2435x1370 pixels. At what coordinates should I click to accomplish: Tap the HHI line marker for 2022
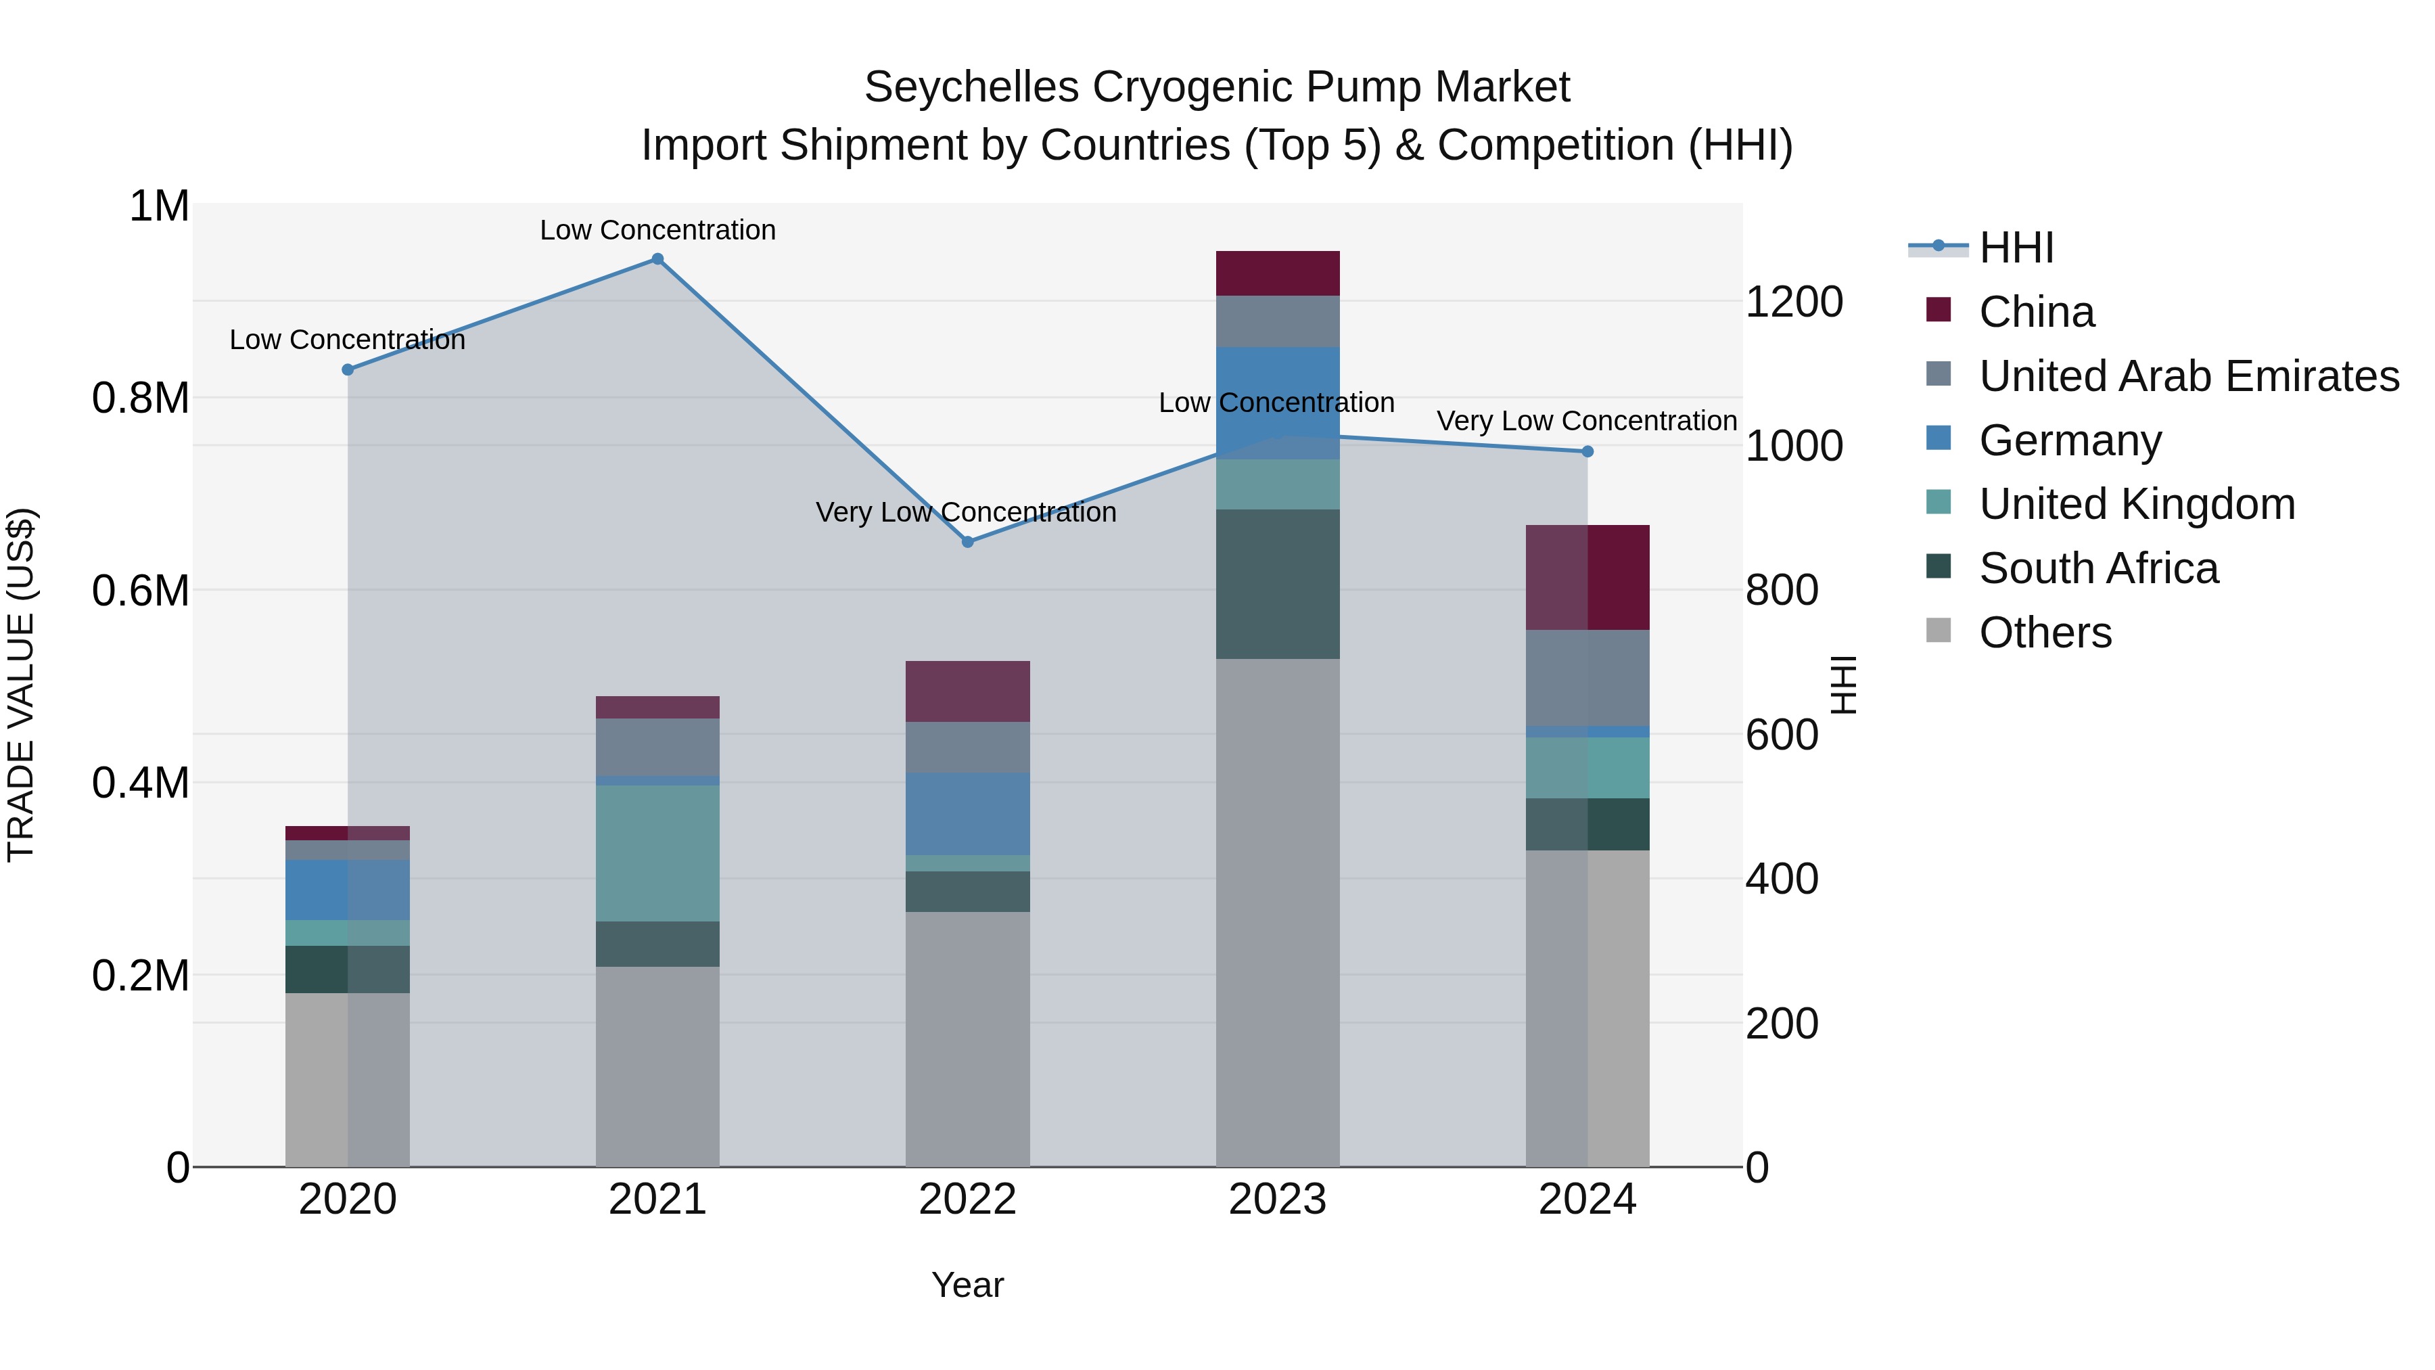tap(967, 542)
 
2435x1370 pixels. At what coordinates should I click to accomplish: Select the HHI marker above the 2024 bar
tap(1587, 452)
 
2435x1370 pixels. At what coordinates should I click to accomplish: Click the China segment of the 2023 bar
tap(1277, 273)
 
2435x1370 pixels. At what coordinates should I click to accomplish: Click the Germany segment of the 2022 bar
tap(967, 814)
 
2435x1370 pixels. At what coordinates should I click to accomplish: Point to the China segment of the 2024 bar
tap(1587, 576)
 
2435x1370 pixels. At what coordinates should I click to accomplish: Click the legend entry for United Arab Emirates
tap(2188, 376)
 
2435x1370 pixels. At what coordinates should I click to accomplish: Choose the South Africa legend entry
tap(2097, 568)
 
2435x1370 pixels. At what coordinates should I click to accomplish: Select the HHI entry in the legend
tap(2016, 248)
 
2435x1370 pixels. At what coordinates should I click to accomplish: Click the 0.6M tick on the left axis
tap(140, 591)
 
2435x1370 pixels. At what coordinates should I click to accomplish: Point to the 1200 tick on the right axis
tap(1793, 302)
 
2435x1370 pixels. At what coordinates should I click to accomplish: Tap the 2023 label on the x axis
tap(1277, 1200)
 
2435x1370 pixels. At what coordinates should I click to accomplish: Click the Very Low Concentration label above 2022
tap(966, 512)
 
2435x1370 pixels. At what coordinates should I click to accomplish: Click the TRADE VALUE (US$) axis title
tap(21, 685)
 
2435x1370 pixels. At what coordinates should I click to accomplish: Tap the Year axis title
tap(967, 1285)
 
